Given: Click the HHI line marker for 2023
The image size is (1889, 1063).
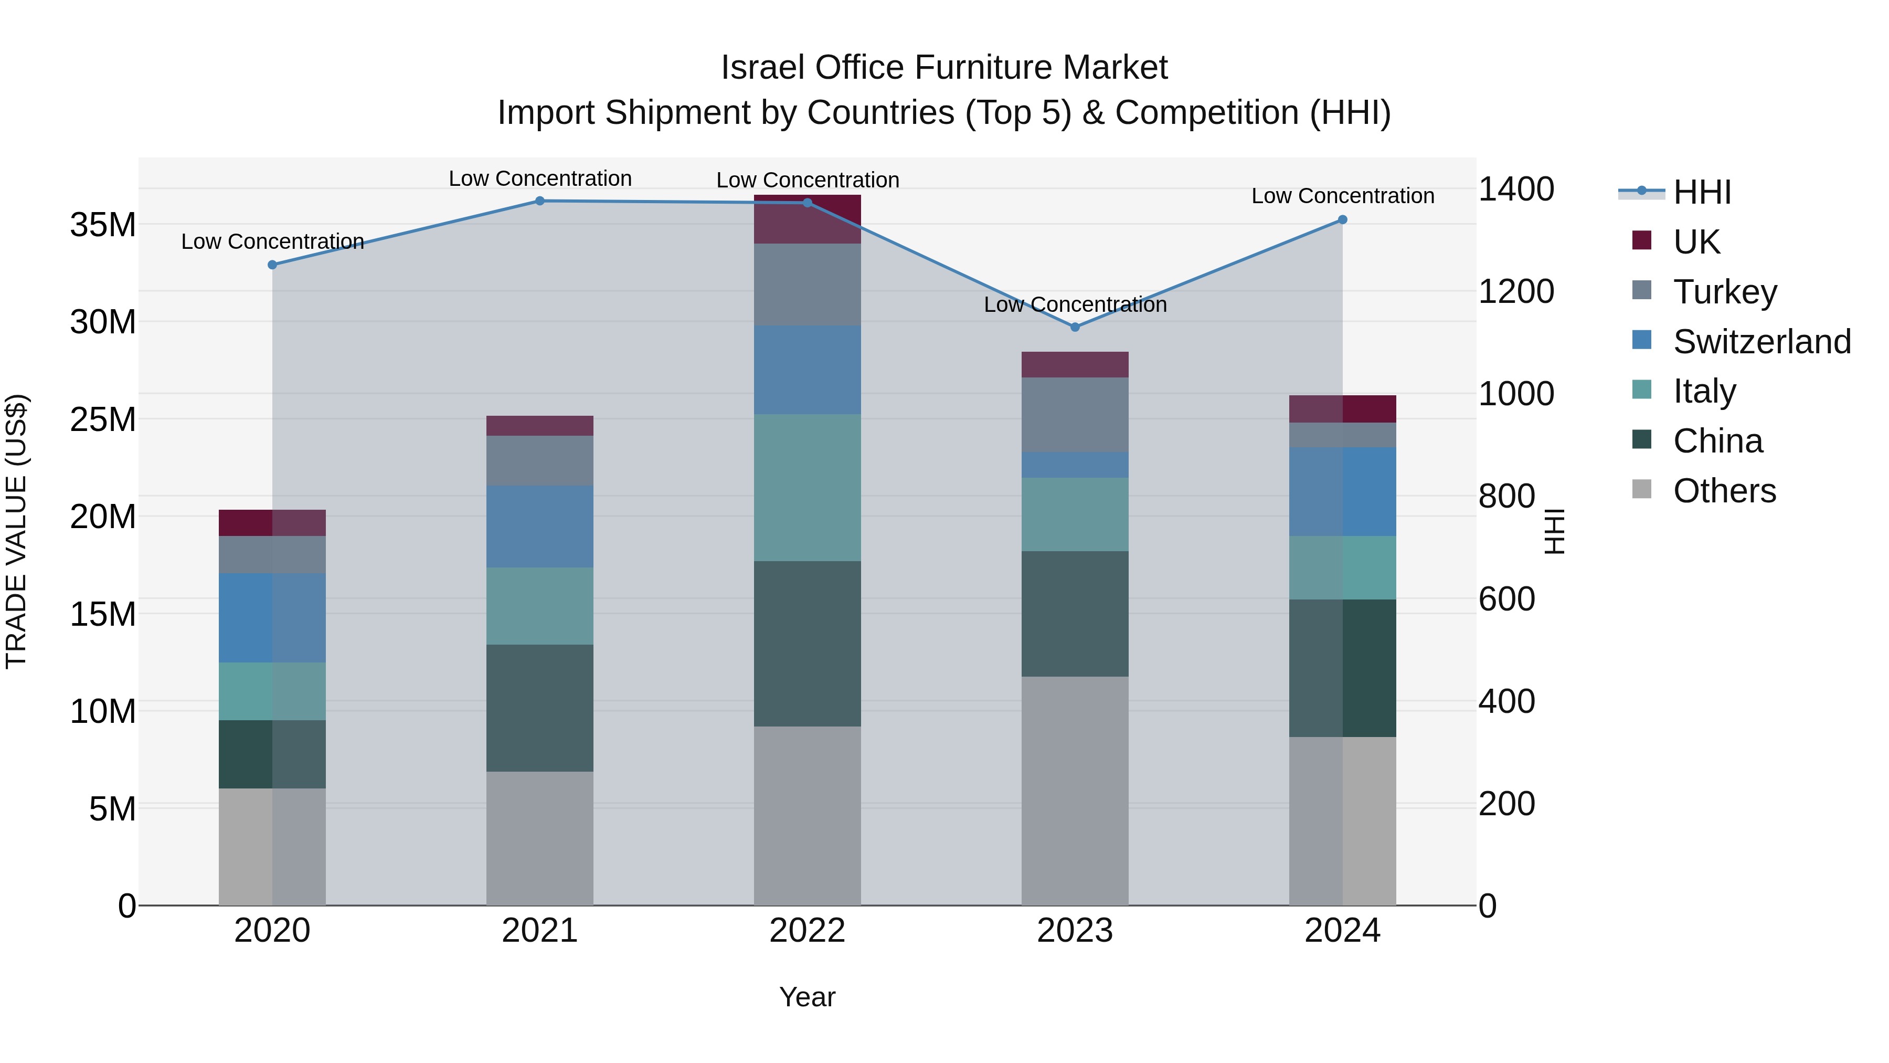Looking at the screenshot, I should tap(1075, 327).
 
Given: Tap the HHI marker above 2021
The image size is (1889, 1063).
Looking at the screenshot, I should tap(540, 201).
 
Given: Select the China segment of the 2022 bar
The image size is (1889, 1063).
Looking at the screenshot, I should tap(808, 644).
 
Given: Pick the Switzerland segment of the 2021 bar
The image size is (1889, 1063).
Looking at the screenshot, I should tap(540, 526).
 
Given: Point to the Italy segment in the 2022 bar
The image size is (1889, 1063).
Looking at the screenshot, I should tap(808, 487).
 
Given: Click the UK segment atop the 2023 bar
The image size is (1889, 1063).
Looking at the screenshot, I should tap(1075, 365).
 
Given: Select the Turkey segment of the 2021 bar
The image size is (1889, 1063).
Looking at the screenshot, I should tap(540, 461).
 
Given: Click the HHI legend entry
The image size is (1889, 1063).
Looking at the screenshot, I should tap(1701, 192).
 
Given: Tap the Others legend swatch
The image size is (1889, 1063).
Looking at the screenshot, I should tap(1642, 489).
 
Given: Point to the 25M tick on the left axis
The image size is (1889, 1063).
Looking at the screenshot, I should tap(103, 419).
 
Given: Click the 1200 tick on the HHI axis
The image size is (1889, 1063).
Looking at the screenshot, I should tap(1515, 291).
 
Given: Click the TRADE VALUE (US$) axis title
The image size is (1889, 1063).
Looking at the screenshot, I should tap(16, 531).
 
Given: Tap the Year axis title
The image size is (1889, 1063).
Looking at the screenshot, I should tap(808, 997).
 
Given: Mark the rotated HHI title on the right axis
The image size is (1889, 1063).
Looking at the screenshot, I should tap(1554, 531).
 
